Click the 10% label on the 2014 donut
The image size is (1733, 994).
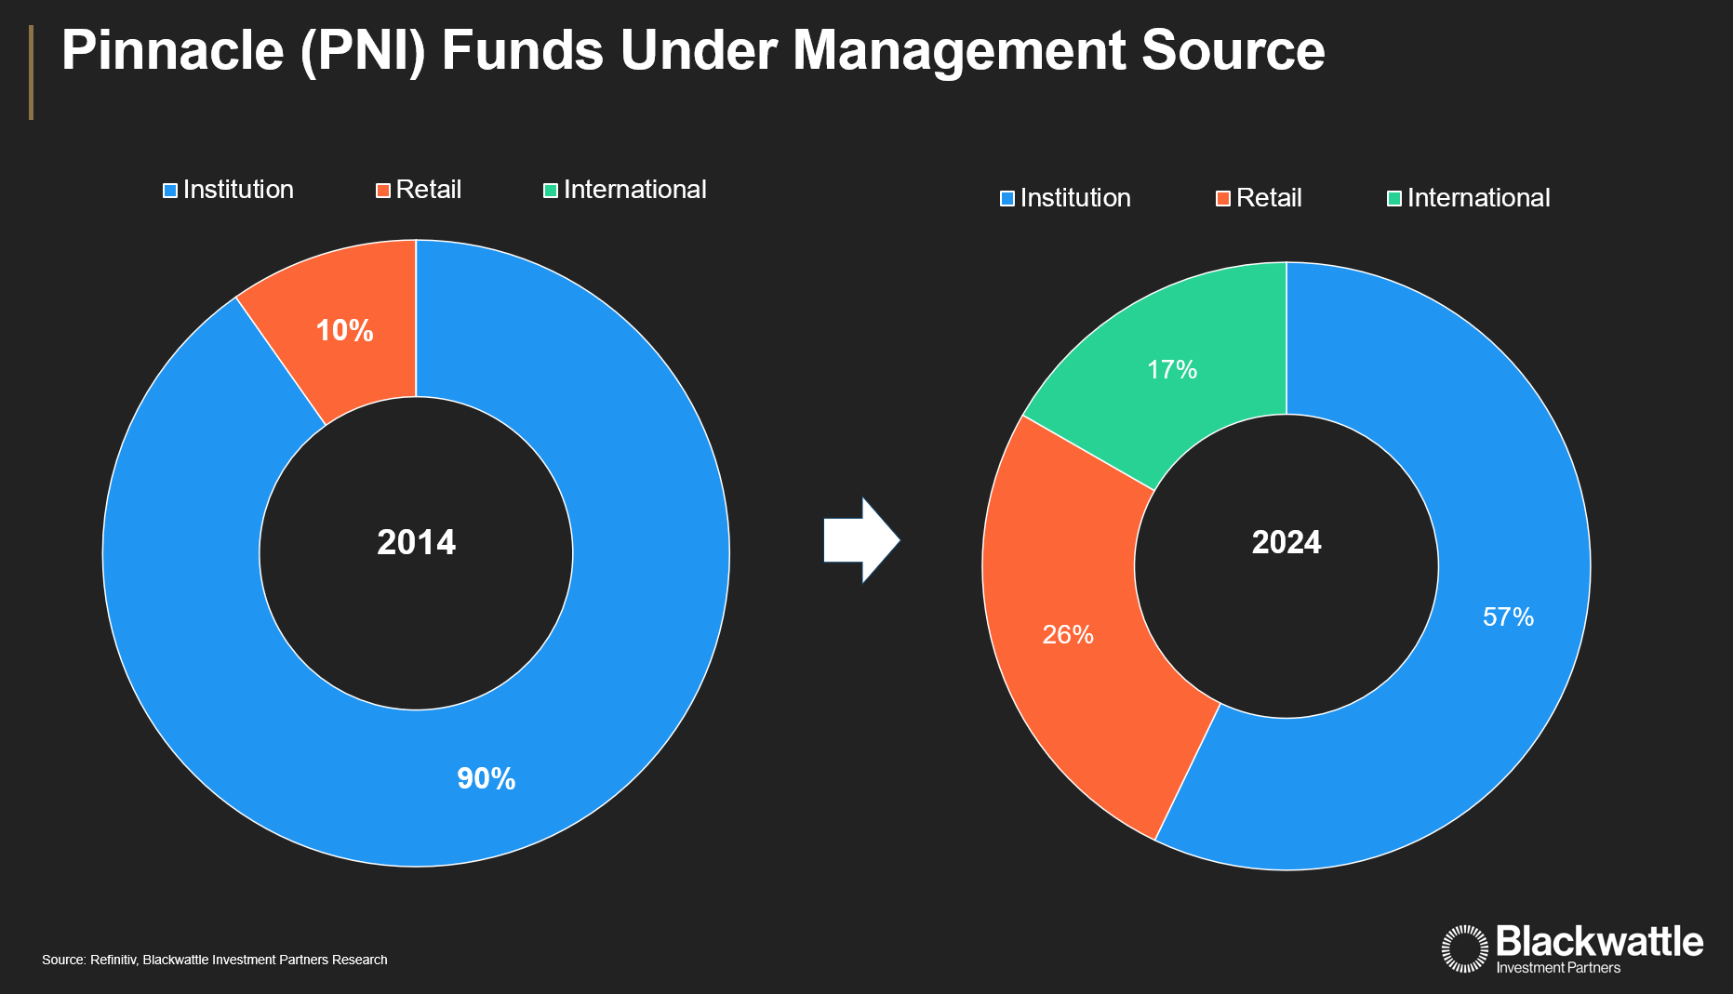pyautogui.click(x=344, y=331)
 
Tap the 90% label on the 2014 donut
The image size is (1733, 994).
pyautogui.click(x=486, y=779)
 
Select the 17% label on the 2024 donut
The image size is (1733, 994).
pyautogui.click(x=1172, y=370)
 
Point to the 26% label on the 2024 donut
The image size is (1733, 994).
pyautogui.click(x=1068, y=635)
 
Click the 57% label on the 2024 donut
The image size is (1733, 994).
pyautogui.click(x=1508, y=617)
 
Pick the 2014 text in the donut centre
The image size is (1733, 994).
pyautogui.click(x=416, y=543)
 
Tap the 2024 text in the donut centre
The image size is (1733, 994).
pyautogui.click(x=1286, y=543)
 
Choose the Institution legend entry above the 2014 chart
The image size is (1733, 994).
pyautogui.click(x=229, y=190)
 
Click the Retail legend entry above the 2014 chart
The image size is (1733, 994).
pyautogui.click(x=420, y=190)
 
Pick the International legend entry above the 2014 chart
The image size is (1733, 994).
pyautogui.click(x=625, y=190)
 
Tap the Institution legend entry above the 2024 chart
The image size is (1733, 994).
pyautogui.click(x=1066, y=198)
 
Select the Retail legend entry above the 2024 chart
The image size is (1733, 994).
pyautogui.click(x=1260, y=198)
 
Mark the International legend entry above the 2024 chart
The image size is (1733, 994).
pyautogui.click(x=1469, y=198)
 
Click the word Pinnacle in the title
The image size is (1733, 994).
pyautogui.click(x=172, y=50)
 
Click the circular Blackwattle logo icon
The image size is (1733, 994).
pyautogui.click(x=1465, y=948)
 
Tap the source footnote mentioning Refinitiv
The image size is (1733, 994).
pyautogui.click(x=215, y=960)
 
